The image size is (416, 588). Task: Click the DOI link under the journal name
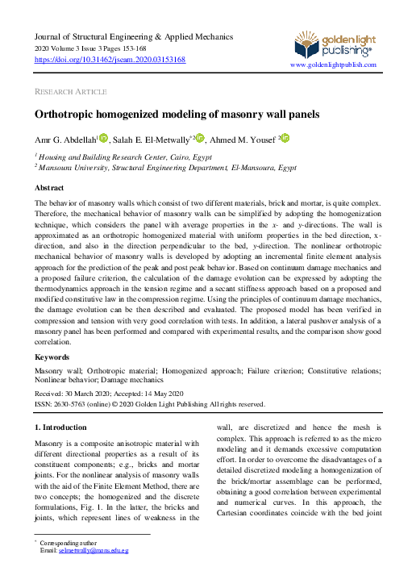tap(110, 60)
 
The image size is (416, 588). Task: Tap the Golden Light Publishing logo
tap(333, 43)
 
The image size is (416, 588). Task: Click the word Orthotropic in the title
tap(70, 115)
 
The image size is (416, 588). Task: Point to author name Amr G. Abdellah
tap(64, 139)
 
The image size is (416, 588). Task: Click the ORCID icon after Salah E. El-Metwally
tap(200, 138)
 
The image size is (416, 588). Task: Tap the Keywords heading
tap(52, 357)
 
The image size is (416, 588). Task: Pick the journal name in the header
tap(133, 37)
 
